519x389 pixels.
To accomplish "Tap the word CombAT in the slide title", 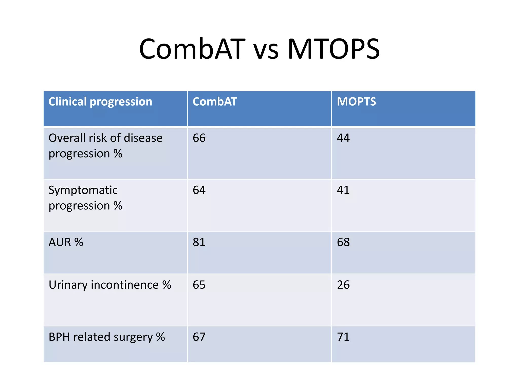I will (192, 49).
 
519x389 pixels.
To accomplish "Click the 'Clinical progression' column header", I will (100, 102).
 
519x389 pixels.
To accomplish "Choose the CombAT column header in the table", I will (215, 102).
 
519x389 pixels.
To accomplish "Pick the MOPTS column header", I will (356, 102).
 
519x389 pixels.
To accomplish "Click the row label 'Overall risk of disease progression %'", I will (105, 146).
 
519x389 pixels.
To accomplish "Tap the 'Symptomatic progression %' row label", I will (85, 198).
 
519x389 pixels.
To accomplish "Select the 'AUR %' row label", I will (66, 242).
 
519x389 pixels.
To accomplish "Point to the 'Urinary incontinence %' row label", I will (110, 285).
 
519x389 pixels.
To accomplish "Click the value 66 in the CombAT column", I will (199, 138).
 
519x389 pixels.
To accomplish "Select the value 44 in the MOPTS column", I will (343, 138).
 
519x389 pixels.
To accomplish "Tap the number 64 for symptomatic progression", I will (199, 190).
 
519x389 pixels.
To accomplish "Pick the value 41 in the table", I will (343, 190).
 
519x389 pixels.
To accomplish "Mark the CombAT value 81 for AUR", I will (199, 242).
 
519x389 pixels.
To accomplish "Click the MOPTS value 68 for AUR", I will (343, 242).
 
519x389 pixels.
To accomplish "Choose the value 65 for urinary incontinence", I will (199, 285).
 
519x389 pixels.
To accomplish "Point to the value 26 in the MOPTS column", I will (343, 285).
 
